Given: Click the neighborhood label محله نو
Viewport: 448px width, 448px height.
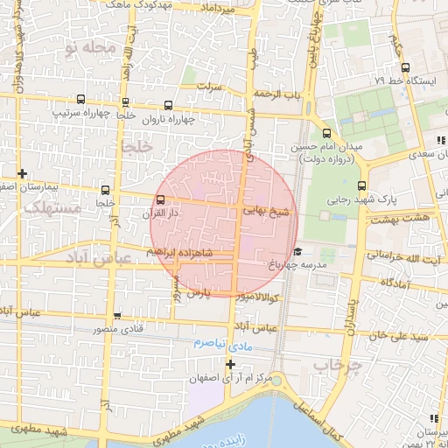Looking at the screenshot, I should point(102,47).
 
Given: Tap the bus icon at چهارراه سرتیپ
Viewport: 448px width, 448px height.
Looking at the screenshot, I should point(81,99).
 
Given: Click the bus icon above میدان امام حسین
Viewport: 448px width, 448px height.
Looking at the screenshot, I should point(326,134).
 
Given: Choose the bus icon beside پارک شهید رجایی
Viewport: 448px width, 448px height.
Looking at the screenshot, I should point(361,185).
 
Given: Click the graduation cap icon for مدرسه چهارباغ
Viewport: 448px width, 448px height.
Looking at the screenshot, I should point(297,251).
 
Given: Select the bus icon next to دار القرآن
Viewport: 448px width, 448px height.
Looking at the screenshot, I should point(160,199).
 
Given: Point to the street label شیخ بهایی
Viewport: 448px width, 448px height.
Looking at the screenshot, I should point(265,211).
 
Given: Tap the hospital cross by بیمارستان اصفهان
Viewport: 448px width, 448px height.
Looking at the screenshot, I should point(23,173).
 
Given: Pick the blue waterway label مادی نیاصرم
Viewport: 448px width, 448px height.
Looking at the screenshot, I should point(210,344).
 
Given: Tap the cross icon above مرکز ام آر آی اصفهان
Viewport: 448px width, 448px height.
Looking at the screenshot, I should point(231,364).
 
